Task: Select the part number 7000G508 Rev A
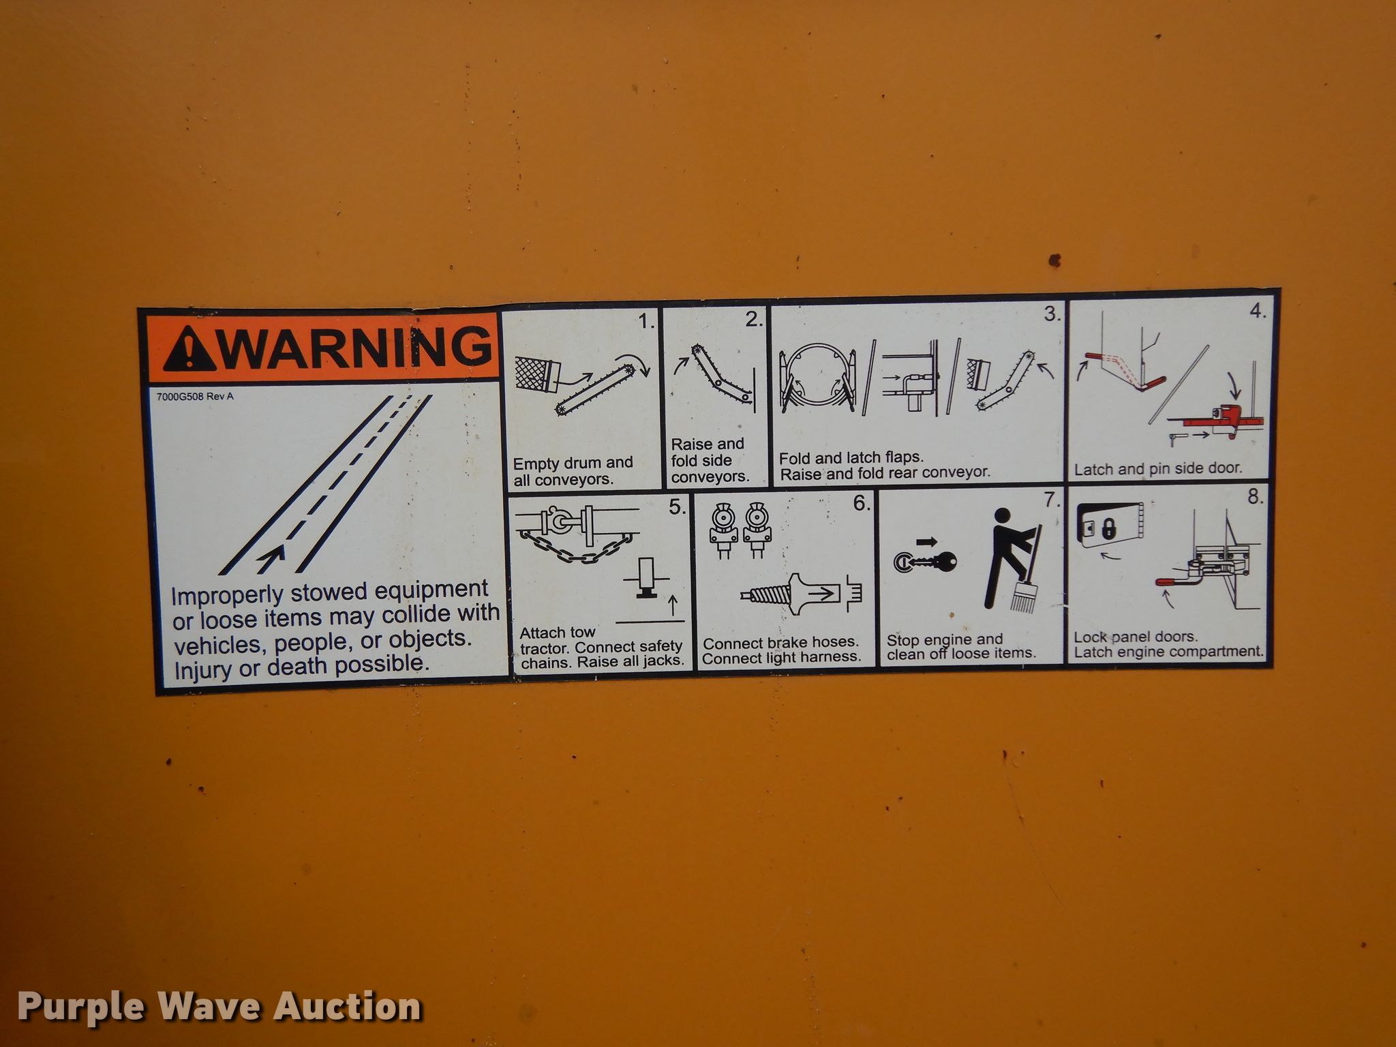(x=195, y=396)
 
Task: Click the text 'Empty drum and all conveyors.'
(x=573, y=471)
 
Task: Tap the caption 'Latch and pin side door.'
(x=1158, y=468)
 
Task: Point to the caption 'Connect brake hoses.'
(x=780, y=643)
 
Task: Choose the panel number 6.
(x=861, y=504)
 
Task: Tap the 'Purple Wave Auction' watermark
(x=219, y=1007)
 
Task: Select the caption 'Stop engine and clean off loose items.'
(x=961, y=646)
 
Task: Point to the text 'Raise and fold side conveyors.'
(x=710, y=460)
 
